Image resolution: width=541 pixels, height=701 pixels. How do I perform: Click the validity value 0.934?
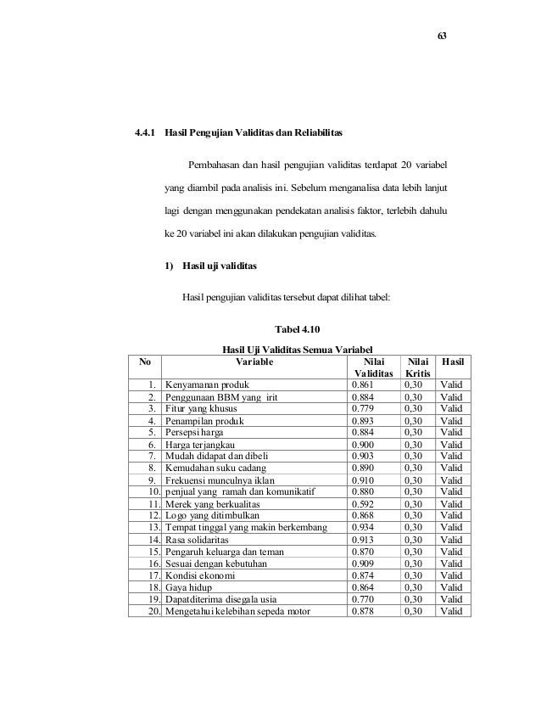[365, 527]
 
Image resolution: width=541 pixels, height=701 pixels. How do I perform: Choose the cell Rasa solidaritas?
[198, 539]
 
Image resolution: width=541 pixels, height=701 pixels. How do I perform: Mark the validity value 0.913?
[365, 539]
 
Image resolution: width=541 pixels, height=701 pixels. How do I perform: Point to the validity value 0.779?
[365, 407]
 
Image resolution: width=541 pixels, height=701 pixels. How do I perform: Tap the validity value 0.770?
[365, 598]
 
